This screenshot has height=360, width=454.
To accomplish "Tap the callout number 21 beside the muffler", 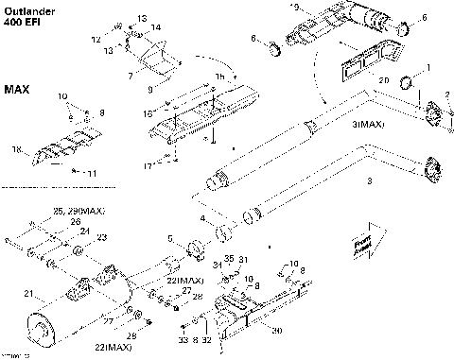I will point(27,294).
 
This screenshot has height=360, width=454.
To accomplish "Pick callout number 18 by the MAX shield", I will point(15,149).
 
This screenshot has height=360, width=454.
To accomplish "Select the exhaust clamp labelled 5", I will point(195,252).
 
